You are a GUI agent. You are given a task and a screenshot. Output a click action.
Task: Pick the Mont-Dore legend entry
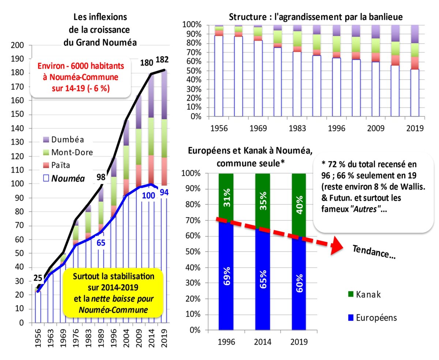click(x=72, y=152)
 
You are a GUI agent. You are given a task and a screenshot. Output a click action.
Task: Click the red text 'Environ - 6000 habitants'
click(x=80, y=66)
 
